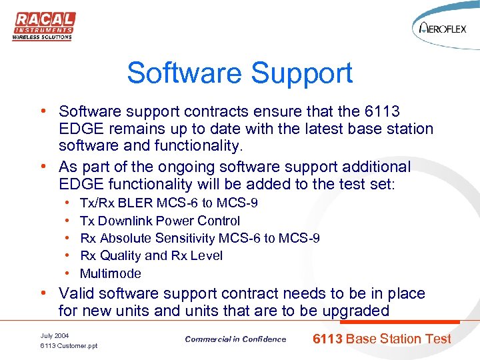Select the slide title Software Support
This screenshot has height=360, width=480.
pyautogui.click(x=240, y=73)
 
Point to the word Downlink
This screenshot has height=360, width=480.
pyautogui.click(x=126, y=221)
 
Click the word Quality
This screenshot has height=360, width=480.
pyautogui.click(x=121, y=255)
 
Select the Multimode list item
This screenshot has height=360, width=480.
pyautogui.click(x=111, y=273)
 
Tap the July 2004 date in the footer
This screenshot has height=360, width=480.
pyautogui.click(x=54, y=335)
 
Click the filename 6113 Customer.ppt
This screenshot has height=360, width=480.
pyautogui.click(x=69, y=346)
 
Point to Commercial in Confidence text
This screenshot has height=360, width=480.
pyautogui.click(x=235, y=339)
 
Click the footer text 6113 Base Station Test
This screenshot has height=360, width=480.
pyautogui.click(x=382, y=339)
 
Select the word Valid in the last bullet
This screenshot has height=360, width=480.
pyautogui.click(x=75, y=293)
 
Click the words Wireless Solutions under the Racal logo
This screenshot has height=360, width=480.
pyautogui.click(x=42, y=37)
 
